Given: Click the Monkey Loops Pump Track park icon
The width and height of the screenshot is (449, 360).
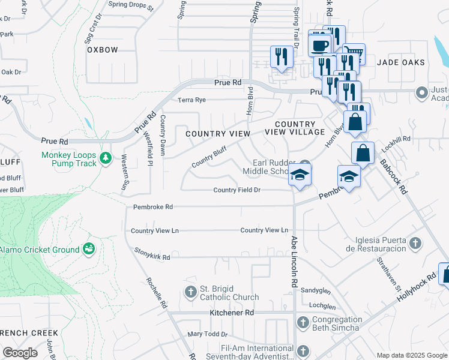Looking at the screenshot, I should pos(106,158).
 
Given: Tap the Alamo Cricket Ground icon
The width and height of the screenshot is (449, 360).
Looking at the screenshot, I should pos(89,248).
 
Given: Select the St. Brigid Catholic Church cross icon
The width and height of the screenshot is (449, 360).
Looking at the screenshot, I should pos(190,292).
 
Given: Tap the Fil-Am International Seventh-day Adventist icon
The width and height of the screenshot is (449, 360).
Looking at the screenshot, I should pos(303,352).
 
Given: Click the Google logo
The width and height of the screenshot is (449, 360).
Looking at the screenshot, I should pos(20,352).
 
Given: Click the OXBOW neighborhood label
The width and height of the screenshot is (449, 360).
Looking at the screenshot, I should pos(103,50).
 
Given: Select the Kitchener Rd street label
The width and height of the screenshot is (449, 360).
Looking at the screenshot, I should pos(232,313).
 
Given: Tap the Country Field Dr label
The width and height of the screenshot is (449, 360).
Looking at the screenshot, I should pos(237,190).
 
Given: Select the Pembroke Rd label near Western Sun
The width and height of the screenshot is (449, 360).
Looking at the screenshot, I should pos(152,207).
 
